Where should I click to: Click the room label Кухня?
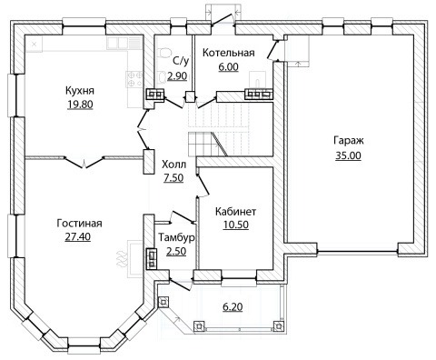pyautogui.click(x=80, y=91)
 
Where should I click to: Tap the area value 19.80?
pyautogui.click(x=80, y=105)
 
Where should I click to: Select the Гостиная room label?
pyautogui.click(x=79, y=224)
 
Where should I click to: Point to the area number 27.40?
pyautogui.click(x=78, y=236)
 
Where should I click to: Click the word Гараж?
pyautogui.click(x=349, y=141)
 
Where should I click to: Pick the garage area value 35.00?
pyautogui.click(x=348, y=155)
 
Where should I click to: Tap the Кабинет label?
pyautogui.click(x=235, y=211)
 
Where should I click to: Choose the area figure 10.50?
pyautogui.click(x=236, y=225)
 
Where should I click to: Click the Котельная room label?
pyautogui.click(x=228, y=53)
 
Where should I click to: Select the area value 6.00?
pyautogui.click(x=229, y=66)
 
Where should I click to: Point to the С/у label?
pyautogui.click(x=181, y=61)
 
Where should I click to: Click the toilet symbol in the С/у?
pyautogui.click(x=163, y=53)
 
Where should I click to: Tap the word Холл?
pyautogui.click(x=173, y=165)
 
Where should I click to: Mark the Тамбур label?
pyautogui.click(x=176, y=238)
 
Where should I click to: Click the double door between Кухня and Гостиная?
pyautogui.click(x=84, y=162)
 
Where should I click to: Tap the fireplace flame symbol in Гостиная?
pyautogui.click(x=121, y=259)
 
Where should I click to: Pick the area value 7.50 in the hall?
pyautogui.click(x=173, y=178)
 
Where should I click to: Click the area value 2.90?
pyautogui.click(x=177, y=76)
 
